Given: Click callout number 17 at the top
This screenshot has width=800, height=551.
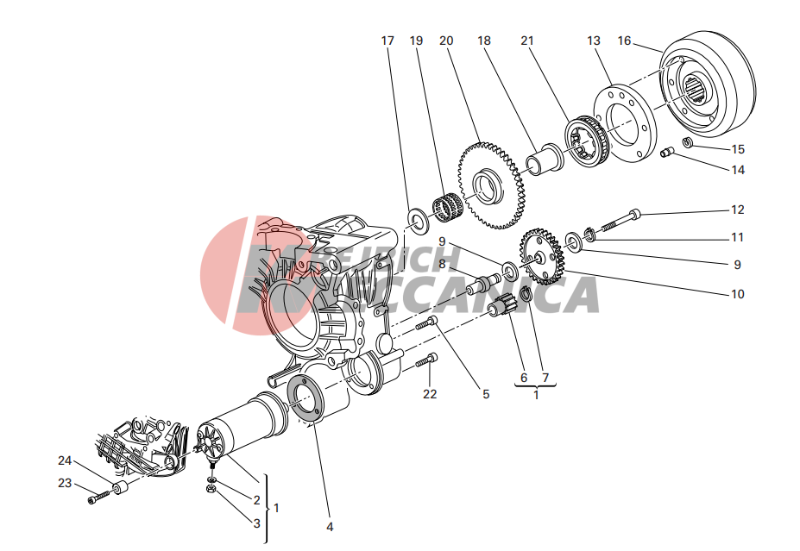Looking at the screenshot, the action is (x=387, y=41).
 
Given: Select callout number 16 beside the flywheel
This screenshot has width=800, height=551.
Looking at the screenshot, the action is (x=624, y=41).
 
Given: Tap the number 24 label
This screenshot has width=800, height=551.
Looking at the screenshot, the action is (x=64, y=460).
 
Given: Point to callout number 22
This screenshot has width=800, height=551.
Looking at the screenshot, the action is (x=430, y=394).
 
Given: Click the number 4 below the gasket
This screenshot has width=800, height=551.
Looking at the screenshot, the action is (x=330, y=527).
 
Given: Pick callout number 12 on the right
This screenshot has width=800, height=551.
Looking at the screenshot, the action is (x=737, y=210).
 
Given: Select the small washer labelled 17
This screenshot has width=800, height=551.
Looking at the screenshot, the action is (x=419, y=221).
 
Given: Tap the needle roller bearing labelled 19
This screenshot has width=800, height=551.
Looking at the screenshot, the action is (x=447, y=205).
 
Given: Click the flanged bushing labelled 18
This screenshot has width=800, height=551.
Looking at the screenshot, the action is (x=545, y=160).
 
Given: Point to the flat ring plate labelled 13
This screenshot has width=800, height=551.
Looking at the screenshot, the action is (x=625, y=122).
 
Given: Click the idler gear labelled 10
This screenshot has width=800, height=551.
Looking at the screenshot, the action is (x=542, y=256).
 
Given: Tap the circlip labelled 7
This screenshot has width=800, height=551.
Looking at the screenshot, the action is (x=526, y=294).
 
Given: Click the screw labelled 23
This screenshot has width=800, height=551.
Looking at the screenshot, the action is (x=99, y=497).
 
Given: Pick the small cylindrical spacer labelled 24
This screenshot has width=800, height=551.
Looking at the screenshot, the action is (x=121, y=488).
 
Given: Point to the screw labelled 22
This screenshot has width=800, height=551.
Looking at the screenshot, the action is (x=426, y=360).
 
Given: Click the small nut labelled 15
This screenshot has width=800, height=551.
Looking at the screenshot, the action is (x=688, y=142).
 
